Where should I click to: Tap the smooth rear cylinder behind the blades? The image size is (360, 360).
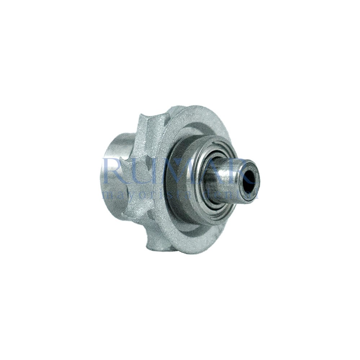113,173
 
